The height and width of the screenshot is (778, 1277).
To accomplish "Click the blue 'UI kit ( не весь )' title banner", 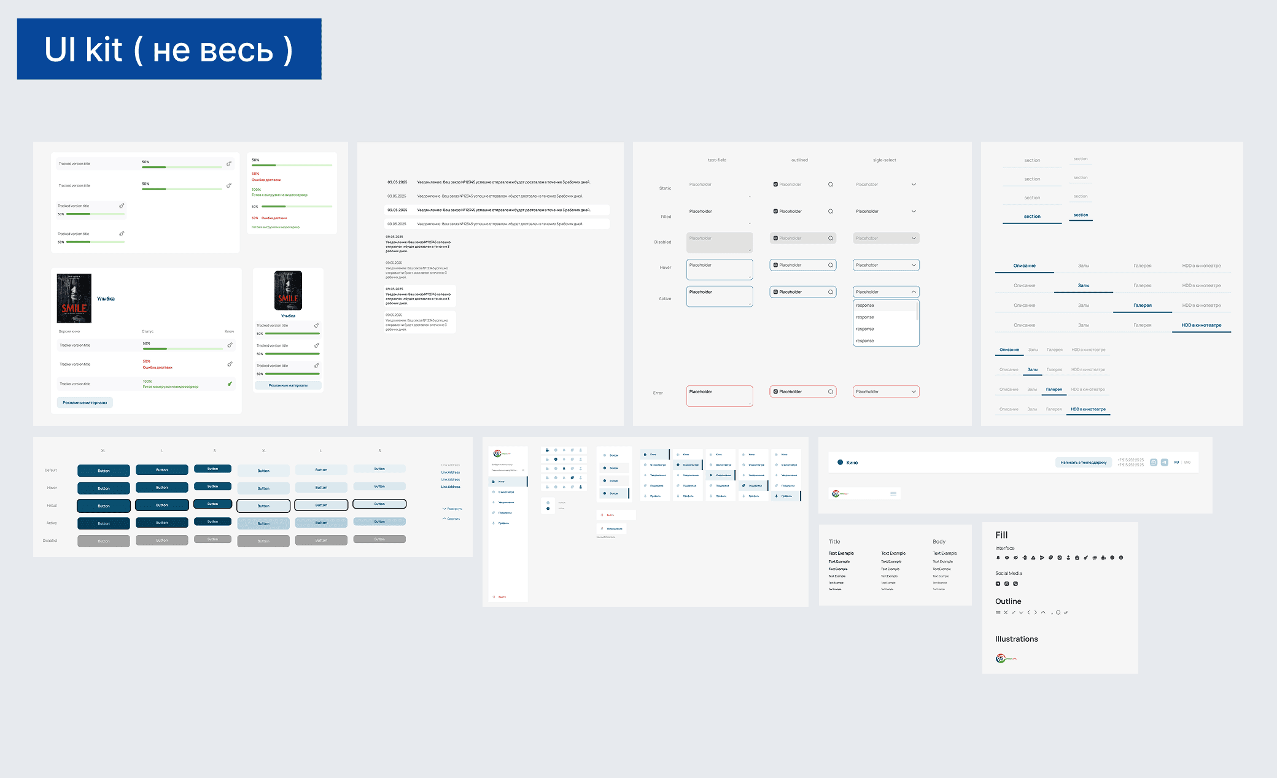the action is (x=169, y=49).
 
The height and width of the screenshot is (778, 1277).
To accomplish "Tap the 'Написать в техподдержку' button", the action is (x=1083, y=463).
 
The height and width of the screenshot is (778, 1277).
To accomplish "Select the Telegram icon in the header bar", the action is (x=1165, y=463).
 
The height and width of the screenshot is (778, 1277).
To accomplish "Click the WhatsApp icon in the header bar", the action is (x=1154, y=463).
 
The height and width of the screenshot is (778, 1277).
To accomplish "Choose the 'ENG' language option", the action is (x=1187, y=463).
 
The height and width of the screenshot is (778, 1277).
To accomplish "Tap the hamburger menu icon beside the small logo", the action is (x=893, y=493).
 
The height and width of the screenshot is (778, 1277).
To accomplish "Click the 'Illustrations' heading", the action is (x=1016, y=639).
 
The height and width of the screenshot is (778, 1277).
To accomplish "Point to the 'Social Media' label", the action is (x=1008, y=574).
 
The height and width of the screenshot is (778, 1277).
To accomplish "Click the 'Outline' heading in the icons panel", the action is (x=1008, y=601).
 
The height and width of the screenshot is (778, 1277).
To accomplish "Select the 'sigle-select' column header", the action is (x=884, y=160).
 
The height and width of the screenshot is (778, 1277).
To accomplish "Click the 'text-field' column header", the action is (x=716, y=160).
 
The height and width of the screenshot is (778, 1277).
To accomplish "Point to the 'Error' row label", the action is (x=658, y=393).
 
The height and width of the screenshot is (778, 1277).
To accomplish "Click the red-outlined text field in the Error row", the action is (x=719, y=396).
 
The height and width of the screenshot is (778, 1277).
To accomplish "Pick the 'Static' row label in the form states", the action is (x=665, y=188).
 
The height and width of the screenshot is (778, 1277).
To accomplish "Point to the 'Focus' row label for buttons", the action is (x=52, y=506).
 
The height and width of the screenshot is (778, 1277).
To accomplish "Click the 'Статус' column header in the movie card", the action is (x=147, y=331).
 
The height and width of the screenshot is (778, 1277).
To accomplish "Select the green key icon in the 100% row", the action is (x=230, y=384).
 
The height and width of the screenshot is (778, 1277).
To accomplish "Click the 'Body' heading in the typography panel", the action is (x=939, y=542).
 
